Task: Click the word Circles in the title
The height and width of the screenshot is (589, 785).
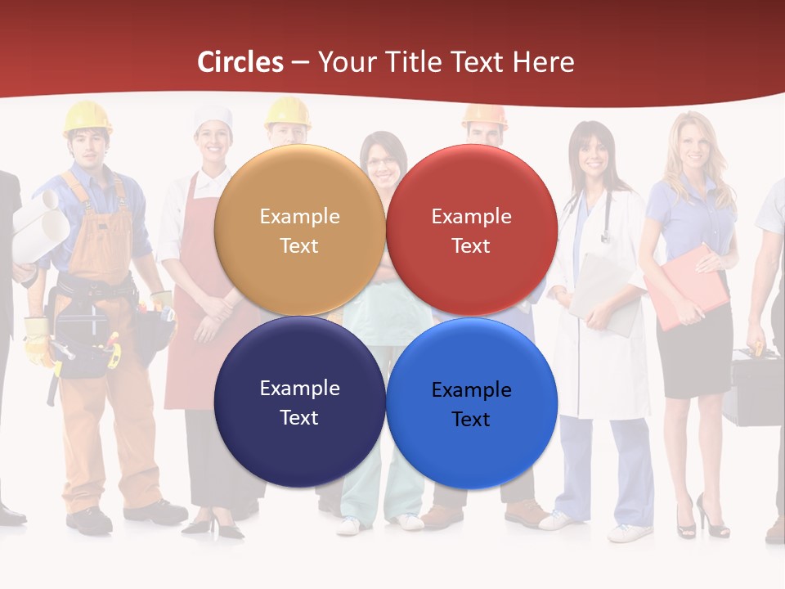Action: (x=240, y=62)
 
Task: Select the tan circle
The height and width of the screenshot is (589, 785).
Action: (x=299, y=230)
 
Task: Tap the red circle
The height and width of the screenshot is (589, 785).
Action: (x=471, y=230)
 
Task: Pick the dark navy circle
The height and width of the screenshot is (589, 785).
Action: (x=299, y=402)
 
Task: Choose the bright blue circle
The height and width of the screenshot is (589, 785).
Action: (x=471, y=403)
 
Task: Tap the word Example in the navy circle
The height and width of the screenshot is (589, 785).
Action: (x=299, y=388)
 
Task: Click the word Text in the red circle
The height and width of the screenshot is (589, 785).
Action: (x=471, y=245)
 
